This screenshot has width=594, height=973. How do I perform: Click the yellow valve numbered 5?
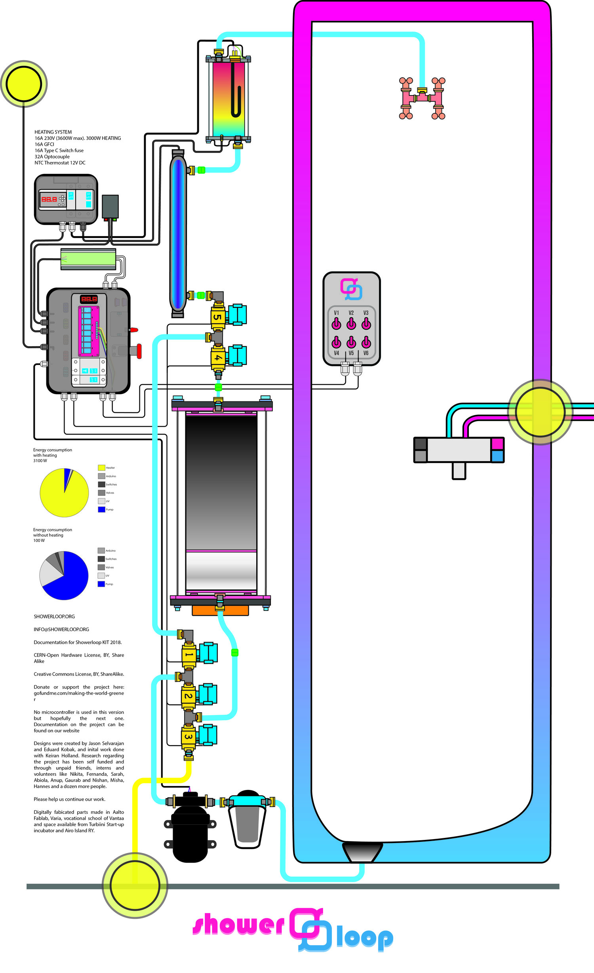click(217, 317)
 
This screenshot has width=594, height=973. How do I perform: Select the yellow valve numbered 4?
click(217, 357)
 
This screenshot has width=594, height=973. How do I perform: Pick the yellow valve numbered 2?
click(188, 696)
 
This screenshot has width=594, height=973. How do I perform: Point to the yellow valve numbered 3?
click(188, 737)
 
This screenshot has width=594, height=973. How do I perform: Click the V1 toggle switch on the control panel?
click(336, 324)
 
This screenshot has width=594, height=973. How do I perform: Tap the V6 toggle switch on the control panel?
click(366, 342)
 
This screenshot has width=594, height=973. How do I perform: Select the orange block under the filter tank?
click(220, 611)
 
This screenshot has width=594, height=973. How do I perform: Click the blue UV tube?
click(178, 234)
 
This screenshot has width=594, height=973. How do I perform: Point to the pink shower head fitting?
click(422, 99)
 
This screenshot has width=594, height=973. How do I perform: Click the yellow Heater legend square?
click(101, 467)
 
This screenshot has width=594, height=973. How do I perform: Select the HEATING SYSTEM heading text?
click(53, 132)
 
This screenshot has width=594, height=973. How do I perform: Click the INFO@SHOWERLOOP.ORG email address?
click(61, 629)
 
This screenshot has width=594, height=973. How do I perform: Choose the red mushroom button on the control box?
click(138, 351)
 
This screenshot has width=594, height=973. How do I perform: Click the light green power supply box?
click(88, 259)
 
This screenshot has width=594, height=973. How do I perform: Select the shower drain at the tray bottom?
click(362, 852)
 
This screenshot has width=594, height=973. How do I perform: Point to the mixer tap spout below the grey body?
click(459, 471)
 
